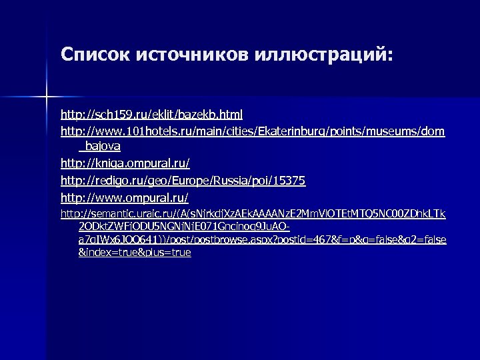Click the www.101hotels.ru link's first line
[253, 132]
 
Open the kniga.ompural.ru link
[125, 163]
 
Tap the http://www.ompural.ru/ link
[125, 198]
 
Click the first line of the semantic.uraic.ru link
[253, 214]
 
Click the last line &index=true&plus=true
[135, 253]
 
